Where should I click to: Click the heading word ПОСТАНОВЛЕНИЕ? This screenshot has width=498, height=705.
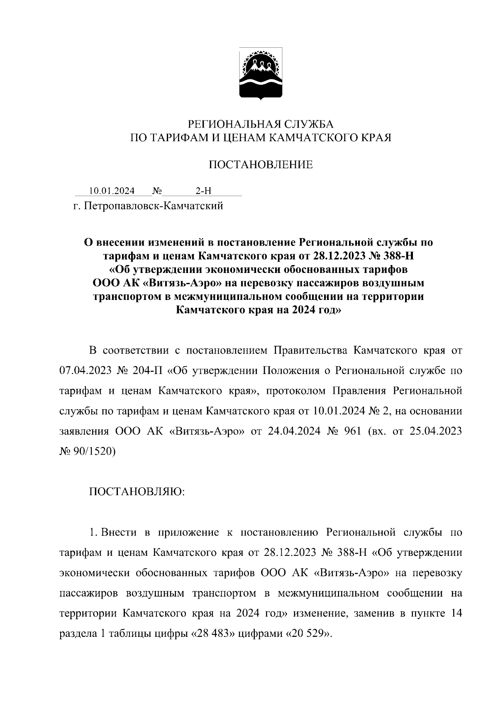[x=260, y=165]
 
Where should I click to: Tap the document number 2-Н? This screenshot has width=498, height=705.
[x=203, y=191]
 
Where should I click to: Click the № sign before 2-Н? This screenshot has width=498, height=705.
[x=157, y=191]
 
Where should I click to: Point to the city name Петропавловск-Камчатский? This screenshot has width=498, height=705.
[x=154, y=206]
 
